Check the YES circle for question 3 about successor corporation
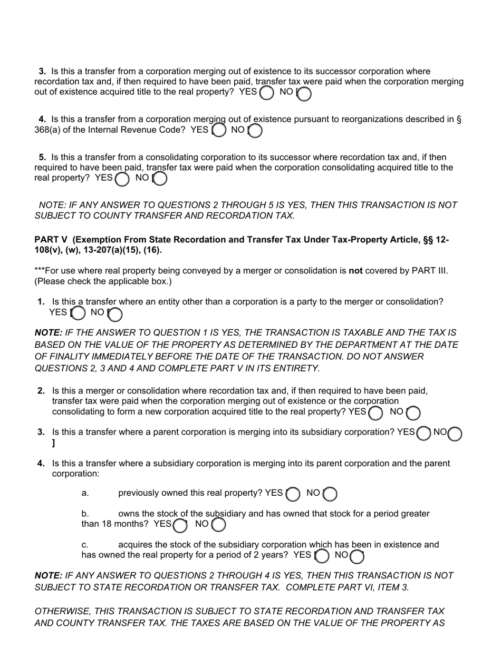click(x=267, y=93)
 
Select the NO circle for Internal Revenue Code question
click(x=255, y=131)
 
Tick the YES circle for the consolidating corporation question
click(x=122, y=179)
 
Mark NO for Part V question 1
click(x=115, y=313)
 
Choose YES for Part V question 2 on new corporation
click(x=375, y=413)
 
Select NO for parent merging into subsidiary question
click(x=455, y=433)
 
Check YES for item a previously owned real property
click(x=293, y=494)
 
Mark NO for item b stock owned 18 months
click(x=218, y=525)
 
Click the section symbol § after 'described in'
click(x=459, y=120)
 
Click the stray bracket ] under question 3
click(x=53, y=443)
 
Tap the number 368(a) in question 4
click(x=47, y=130)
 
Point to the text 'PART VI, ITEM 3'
click(x=377, y=587)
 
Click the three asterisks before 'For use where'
click(x=39, y=271)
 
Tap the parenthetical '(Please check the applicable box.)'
click(x=103, y=281)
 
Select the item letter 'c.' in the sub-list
click(x=85, y=545)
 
